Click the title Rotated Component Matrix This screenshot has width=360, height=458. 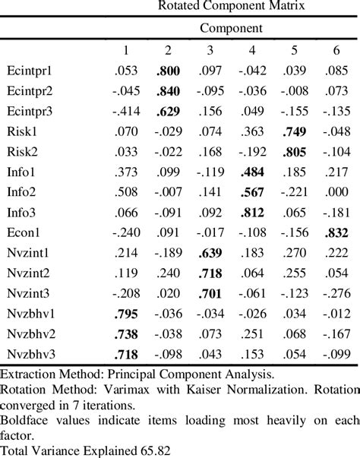231,6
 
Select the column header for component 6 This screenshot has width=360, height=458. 334,50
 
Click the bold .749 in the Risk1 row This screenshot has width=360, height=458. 293,131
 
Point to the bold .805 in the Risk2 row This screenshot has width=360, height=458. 293,150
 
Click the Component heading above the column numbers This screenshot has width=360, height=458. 231,29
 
